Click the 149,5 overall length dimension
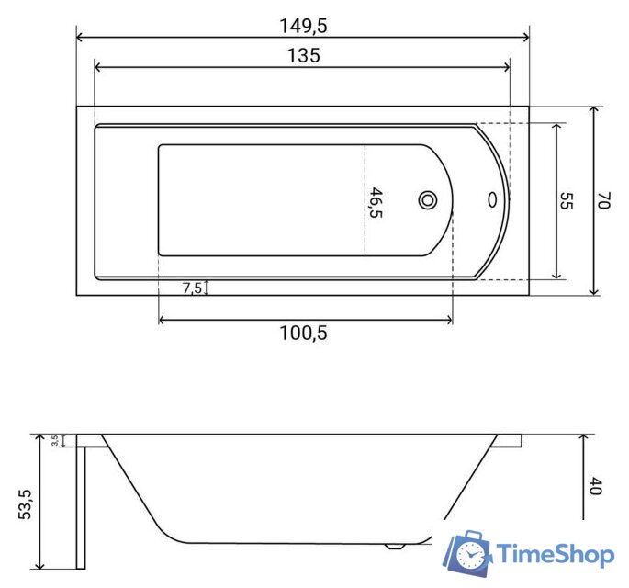click(x=302, y=26)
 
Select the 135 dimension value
click(x=302, y=56)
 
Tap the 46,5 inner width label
click(x=375, y=202)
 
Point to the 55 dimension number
click(x=566, y=202)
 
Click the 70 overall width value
click(x=603, y=201)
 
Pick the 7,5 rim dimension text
click(x=192, y=288)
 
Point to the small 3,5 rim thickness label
click(x=55, y=441)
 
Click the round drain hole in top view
click(x=428, y=199)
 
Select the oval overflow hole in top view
click(x=493, y=199)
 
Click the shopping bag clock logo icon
click(x=468, y=553)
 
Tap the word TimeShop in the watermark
click(x=555, y=554)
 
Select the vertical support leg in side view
click(x=81, y=505)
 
